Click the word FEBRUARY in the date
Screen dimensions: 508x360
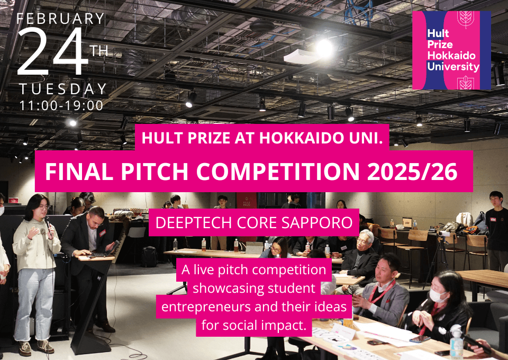click(x=60, y=19)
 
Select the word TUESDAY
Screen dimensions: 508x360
click(x=63, y=89)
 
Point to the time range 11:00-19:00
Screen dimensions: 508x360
click(x=61, y=106)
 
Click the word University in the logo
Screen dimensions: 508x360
click(x=453, y=67)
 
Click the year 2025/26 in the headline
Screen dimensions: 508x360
click(x=412, y=172)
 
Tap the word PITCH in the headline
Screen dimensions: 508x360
click(x=155, y=172)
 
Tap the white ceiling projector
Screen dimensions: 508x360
click(x=301, y=57)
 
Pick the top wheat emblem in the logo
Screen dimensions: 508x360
click(x=466, y=19)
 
